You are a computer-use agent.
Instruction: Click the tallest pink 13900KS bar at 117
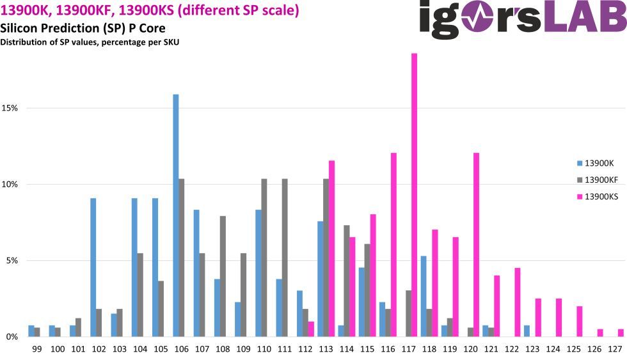[415, 194]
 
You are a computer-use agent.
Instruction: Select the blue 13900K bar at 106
[175, 215]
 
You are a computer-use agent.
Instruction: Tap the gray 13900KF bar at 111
[285, 258]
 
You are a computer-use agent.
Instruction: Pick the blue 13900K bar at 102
[93, 267]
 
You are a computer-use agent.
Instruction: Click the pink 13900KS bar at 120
[476, 244]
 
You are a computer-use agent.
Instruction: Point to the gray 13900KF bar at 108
[223, 276]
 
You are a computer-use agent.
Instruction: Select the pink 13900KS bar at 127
[621, 333]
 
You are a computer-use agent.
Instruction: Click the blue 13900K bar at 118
[424, 296]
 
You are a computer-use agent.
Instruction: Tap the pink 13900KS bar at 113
[331, 249]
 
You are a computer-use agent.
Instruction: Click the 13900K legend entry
[596, 163]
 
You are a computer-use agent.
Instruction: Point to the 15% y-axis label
[10, 108]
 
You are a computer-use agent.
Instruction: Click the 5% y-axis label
[12, 260]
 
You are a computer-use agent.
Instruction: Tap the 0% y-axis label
[12, 337]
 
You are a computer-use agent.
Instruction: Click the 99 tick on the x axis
[37, 349]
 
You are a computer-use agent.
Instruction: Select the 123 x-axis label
[532, 349]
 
